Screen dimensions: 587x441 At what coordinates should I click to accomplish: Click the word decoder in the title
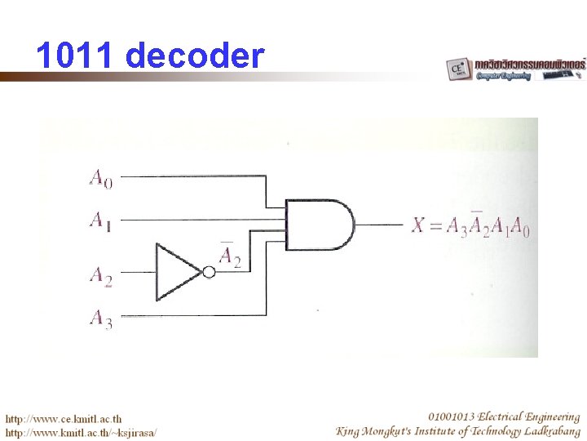click(x=196, y=56)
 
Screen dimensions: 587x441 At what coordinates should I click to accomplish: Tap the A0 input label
click(x=101, y=177)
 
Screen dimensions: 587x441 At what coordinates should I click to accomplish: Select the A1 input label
click(x=100, y=220)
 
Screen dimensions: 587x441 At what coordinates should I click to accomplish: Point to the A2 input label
click(x=100, y=275)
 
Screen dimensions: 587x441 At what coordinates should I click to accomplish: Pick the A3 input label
click(x=100, y=318)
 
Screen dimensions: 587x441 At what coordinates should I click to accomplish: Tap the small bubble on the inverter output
click(x=209, y=273)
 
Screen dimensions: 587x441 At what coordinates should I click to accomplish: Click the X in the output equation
click(x=419, y=225)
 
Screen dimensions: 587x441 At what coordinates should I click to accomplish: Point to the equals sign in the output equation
click(x=435, y=225)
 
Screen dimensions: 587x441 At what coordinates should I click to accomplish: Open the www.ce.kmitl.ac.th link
click(x=65, y=418)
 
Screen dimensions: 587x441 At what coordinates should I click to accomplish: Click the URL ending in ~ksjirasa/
click(x=82, y=432)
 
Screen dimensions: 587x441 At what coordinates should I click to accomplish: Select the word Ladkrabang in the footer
click(x=545, y=430)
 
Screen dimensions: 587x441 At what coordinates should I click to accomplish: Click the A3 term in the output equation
click(x=457, y=226)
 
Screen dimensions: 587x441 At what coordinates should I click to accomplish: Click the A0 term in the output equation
click(x=521, y=226)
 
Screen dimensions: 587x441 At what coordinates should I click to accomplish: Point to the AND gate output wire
click(x=379, y=225)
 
